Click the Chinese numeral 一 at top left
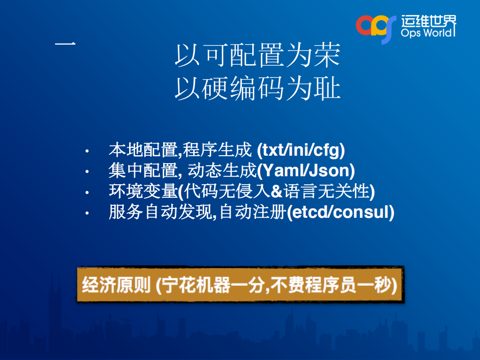pyautogui.click(x=65, y=45)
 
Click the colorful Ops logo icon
pyautogui.click(x=372, y=28)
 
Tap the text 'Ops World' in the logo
pyautogui.click(x=428, y=34)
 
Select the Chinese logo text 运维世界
pyautogui.click(x=428, y=21)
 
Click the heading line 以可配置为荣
pyautogui.click(x=257, y=56)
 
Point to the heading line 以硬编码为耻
pyautogui.click(x=257, y=89)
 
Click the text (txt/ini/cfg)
pyautogui.click(x=300, y=150)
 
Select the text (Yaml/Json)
pyautogui.click(x=306, y=171)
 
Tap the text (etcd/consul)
pyautogui.click(x=340, y=212)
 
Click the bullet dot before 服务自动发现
pyautogui.click(x=87, y=213)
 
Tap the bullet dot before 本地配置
pyautogui.click(x=87, y=151)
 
